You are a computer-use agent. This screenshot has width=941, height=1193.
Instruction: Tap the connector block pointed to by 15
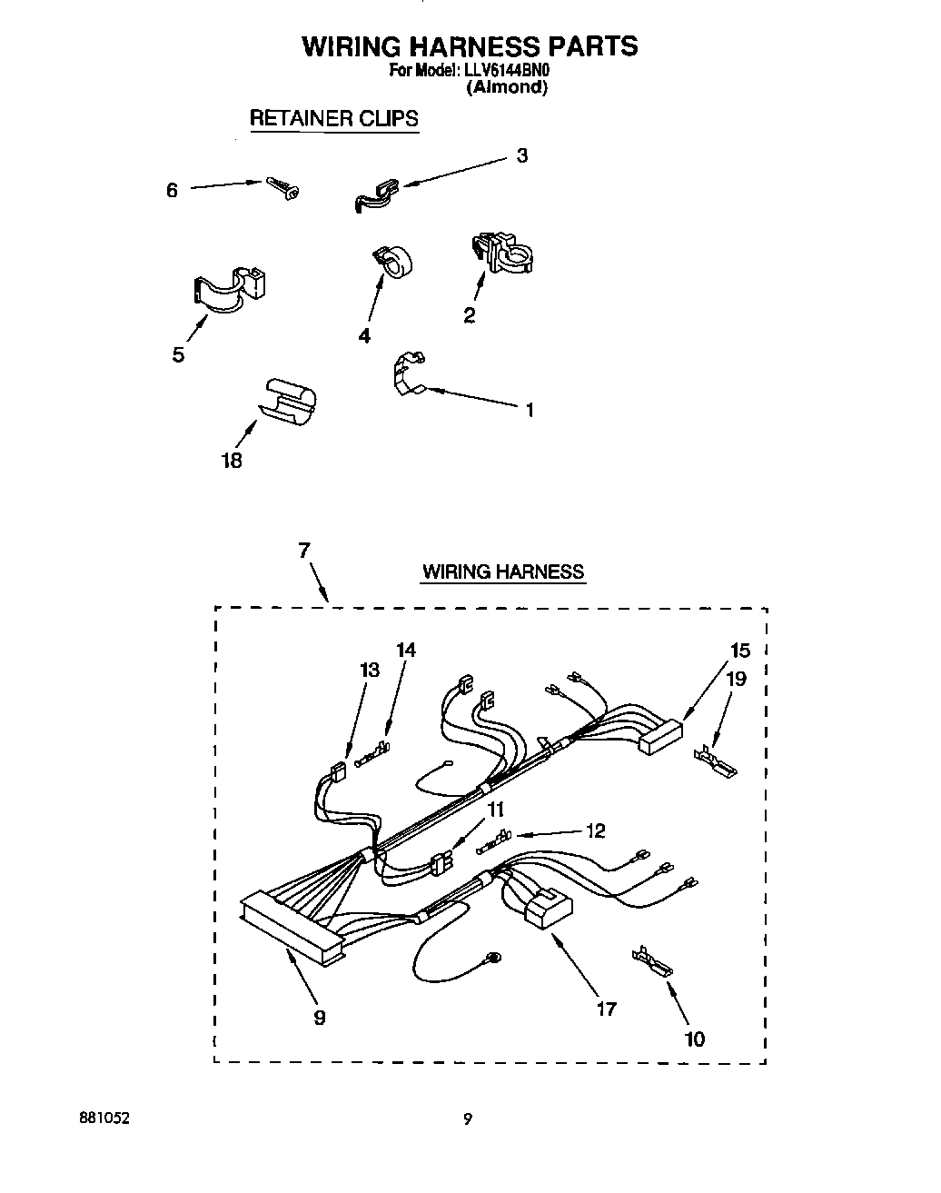click(659, 737)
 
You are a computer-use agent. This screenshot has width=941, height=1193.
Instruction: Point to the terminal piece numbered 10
click(652, 960)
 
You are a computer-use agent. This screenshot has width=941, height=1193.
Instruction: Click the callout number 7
click(303, 550)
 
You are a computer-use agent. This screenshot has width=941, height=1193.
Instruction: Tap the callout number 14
click(406, 650)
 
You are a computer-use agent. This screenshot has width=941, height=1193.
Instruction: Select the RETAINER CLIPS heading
click(333, 118)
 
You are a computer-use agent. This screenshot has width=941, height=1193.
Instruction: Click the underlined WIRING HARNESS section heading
click(502, 572)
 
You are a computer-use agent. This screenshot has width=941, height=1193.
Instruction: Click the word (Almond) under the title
click(507, 88)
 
